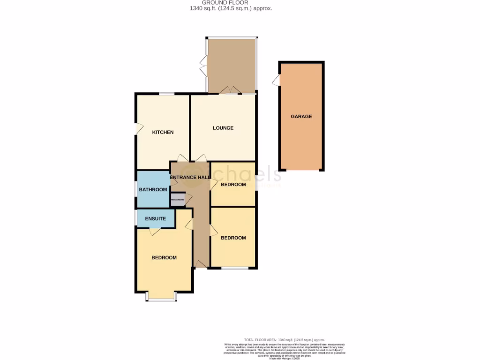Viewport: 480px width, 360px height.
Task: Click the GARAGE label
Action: pos(301,117)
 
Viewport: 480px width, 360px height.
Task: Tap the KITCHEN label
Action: pos(163,132)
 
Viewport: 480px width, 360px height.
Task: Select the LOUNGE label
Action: pos(223,128)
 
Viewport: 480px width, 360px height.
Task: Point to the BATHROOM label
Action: pos(153,189)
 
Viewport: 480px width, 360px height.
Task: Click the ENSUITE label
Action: pos(155,218)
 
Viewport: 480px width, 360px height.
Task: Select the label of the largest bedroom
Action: pos(164,258)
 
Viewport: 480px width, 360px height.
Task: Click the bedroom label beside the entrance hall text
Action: pos(233,185)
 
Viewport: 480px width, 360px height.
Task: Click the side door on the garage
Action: pos(277,81)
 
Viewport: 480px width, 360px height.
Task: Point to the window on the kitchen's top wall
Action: pos(166,94)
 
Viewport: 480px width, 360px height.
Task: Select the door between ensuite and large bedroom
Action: pos(155,231)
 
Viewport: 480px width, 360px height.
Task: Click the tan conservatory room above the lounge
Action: pos(232,65)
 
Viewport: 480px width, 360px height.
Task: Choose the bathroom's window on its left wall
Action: pos(136,189)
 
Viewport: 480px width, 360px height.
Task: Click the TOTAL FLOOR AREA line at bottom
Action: pos(284,340)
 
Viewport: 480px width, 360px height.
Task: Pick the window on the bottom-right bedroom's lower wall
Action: pos(234,268)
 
